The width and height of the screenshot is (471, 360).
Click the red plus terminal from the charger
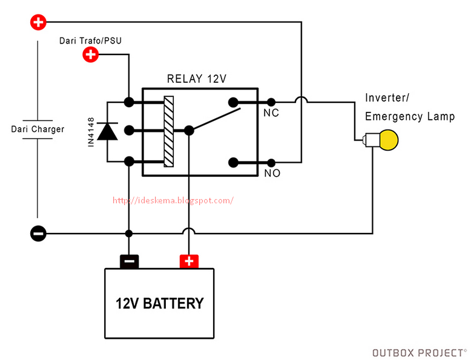(38, 22)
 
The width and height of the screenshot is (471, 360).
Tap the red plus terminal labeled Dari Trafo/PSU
(90, 55)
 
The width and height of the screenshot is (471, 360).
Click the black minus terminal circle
(38, 234)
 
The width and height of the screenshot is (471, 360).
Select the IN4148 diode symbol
(108, 131)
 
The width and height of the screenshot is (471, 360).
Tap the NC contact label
(271, 113)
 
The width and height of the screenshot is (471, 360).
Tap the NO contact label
(272, 173)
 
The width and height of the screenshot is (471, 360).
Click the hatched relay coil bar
(169, 131)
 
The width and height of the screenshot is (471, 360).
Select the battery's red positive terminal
(189, 261)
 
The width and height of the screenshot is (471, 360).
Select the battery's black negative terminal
(129, 261)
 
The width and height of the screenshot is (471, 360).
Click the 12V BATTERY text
(160, 303)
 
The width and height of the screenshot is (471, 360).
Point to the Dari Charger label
(38, 129)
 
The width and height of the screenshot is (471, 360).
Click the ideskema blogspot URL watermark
(173, 200)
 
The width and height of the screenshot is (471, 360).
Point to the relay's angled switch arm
(214, 119)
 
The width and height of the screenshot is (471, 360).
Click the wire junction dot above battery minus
(129, 234)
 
